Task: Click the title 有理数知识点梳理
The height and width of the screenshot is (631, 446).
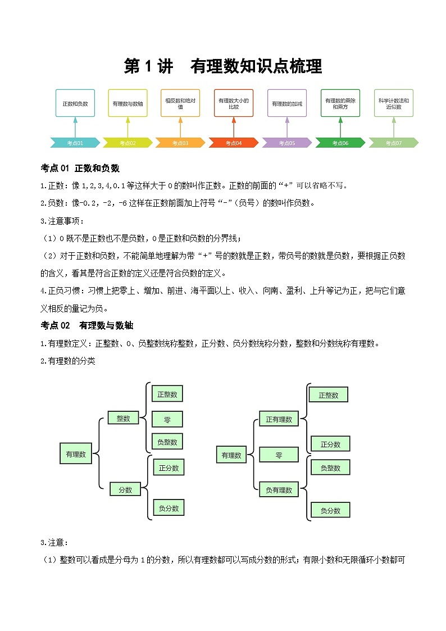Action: click(222, 66)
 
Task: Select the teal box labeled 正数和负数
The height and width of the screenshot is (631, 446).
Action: click(75, 103)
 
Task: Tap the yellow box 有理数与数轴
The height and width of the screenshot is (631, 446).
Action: click(128, 103)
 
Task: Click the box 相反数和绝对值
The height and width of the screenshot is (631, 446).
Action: click(180, 103)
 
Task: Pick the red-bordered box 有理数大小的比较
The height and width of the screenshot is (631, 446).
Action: click(234, 103)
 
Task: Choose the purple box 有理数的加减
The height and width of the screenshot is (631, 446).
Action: click(286, 103)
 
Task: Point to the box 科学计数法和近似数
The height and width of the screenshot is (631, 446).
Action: click(393, 103)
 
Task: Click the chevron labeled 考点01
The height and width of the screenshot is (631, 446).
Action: click(75, 143)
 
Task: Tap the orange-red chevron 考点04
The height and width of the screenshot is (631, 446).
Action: click(234, 143)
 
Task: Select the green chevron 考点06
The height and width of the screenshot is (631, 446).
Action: click(340, 143)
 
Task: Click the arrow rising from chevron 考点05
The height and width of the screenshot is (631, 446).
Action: click(286, 127)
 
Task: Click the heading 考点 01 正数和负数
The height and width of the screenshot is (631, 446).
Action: click(80, 168)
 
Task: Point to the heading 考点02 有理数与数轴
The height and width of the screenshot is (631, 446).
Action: click(87, 325)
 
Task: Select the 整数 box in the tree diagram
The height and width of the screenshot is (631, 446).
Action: click(123, 418)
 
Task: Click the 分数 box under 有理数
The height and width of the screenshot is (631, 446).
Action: click(125, 489)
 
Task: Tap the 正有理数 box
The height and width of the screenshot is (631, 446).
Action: click(279, 419)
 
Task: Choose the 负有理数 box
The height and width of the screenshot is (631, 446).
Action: click(279, 490)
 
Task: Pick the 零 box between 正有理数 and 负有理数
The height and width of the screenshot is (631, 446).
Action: click(279, 455)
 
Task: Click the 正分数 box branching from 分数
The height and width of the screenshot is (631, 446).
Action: click(169, 467)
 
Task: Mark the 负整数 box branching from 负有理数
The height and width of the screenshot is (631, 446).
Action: click(330, 467)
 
